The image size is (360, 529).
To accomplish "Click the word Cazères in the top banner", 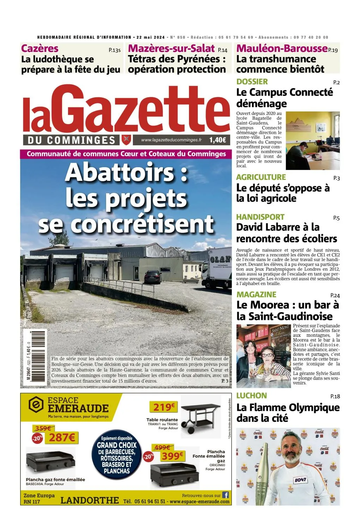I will [x=39, y=48].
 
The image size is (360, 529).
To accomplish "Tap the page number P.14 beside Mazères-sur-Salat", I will [x=222, y=50].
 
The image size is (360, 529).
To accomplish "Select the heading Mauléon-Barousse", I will [x=282, y=48].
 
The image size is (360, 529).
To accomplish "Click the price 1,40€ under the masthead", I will [x=218, y=140].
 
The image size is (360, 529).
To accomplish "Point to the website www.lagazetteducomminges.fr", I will [x=171, y=140].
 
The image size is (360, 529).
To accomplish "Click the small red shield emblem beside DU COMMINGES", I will [x=126, y=140].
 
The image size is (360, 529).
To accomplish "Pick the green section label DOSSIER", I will [x=252, y=81].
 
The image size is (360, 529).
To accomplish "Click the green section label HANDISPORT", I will [x=260, y=217].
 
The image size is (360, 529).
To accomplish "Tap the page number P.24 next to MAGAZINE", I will [x=335, y=295].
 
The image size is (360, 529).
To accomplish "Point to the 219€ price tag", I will [x=164, y=407].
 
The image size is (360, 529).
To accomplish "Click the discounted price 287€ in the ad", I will [x=62, y=438].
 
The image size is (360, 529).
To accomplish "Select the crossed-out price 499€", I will [x=162, y=447].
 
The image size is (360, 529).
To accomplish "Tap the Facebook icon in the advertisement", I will [x=225, y=495].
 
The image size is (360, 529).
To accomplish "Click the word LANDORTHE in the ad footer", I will [x=90, y=500].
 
